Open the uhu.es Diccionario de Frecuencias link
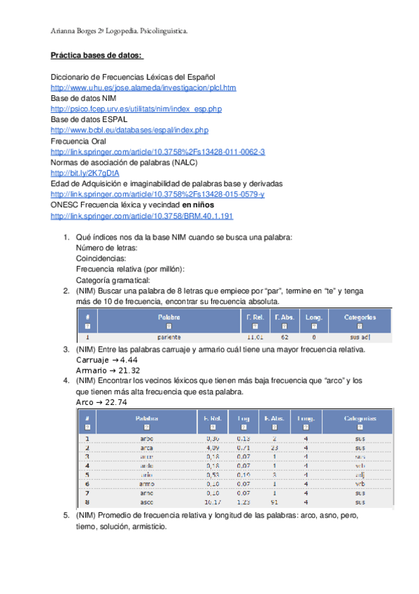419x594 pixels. click(x=143, y=88)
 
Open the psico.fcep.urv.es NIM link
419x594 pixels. click(x=136, y=109)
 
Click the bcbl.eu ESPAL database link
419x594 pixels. click(x=129, y=130)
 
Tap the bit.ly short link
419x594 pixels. click(x=75, y=172)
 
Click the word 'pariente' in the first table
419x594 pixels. click(x=169, y=337)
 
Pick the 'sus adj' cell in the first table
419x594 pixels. click(x=360, y=337)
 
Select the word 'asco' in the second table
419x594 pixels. click(x=147, y=502)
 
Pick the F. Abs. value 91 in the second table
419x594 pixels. click(x=275, y=502)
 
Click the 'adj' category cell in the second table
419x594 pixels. click(x=360, y=474)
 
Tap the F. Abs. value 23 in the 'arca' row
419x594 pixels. click(x=275, y=448)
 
